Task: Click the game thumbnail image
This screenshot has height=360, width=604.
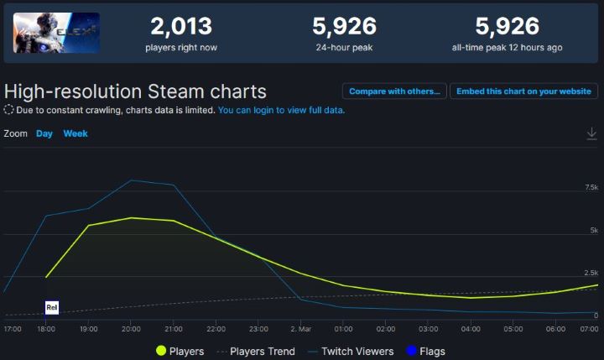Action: point(56,33)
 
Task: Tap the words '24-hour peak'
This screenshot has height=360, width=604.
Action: point(345,48)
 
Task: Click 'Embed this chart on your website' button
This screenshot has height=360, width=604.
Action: point(524,91)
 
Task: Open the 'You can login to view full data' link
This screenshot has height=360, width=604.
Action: point(281,110)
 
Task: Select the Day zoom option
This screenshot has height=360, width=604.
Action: point(44,133)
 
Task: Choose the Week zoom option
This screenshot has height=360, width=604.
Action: point(75,133)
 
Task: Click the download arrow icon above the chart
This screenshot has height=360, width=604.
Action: point(591,133)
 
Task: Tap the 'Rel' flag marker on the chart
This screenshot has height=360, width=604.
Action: point(52,308)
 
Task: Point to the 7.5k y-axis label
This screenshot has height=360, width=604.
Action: point(590,187)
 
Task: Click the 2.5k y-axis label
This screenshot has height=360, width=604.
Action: point(590,274)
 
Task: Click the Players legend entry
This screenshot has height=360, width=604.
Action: point(180,351)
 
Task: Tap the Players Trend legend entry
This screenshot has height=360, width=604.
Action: point(256,351)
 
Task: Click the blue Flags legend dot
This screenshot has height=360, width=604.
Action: point(411,351)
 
